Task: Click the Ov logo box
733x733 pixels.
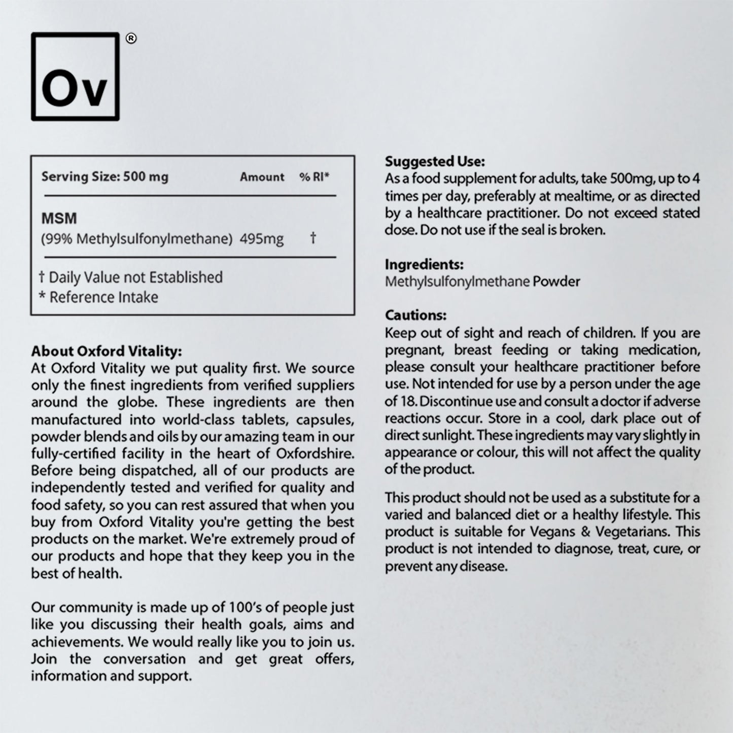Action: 75,77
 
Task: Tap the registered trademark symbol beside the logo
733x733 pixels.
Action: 130,39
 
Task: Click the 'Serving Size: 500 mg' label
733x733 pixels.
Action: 104,177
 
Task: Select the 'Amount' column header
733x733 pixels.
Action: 262,177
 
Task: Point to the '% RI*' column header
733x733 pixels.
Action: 314,177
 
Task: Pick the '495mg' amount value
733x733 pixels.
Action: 261,238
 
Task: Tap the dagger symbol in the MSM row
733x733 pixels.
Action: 313,237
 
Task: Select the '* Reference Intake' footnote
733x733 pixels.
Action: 98,297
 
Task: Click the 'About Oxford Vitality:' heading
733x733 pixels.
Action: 106,351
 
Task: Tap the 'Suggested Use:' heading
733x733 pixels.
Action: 435,161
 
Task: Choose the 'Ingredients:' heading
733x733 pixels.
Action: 424,264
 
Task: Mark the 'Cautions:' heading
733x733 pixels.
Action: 415,315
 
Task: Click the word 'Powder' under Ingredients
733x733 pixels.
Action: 556,282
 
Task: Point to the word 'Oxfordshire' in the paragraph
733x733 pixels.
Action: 315,453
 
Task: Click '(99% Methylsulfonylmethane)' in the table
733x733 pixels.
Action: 136,238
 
